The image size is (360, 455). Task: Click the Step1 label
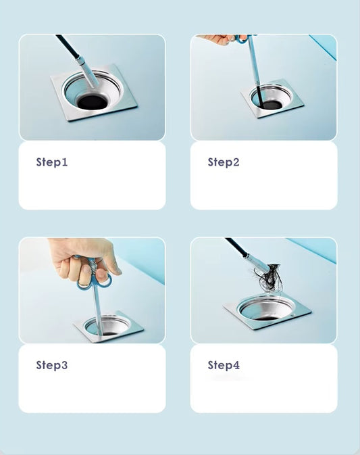pos(52,162)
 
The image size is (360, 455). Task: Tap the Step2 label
pos(224,162)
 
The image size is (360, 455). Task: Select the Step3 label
pos(52,365)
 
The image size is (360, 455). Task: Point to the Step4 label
pos(224,365)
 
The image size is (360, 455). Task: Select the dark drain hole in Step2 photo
pos(266,99)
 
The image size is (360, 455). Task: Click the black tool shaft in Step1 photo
pos(66,47)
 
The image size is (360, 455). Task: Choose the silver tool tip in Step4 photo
pos(255,261)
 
